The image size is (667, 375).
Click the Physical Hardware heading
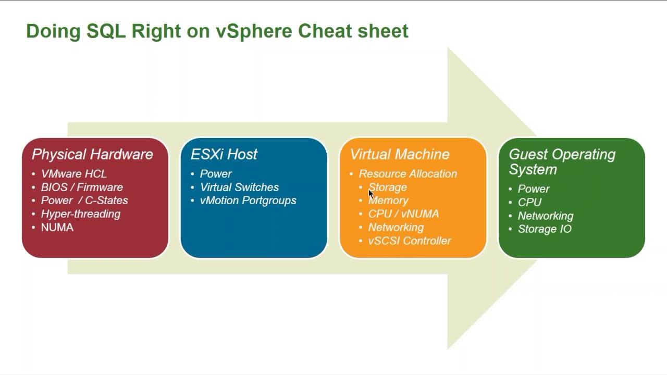tap(92, 154)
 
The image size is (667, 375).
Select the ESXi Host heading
tap(224, 154)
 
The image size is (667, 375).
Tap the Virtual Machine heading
tap(399, 154)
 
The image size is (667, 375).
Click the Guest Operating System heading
tap(562, 161)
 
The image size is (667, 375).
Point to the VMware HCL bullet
tap(73, 174)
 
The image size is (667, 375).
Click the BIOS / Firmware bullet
tap(82, 187)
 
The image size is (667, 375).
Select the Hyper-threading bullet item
tap(80, 214)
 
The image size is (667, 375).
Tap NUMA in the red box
tap(57, 228)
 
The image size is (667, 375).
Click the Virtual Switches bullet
tap(239, 187)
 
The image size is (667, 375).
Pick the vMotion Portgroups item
tap(248, 201)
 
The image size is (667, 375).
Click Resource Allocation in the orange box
tap(407, 174)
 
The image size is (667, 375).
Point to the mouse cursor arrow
tap(370, 194)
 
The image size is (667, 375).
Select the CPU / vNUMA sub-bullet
tap(403, 214)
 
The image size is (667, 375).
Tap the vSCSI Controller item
tap(410, 241)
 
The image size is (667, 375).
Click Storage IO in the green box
tap(545, 229)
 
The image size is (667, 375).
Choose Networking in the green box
tap(545, 216)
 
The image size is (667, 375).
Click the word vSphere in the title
tap(254, 31)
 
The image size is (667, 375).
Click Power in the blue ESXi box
tap(216, 174)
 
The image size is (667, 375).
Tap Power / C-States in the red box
tap(84, 201)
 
